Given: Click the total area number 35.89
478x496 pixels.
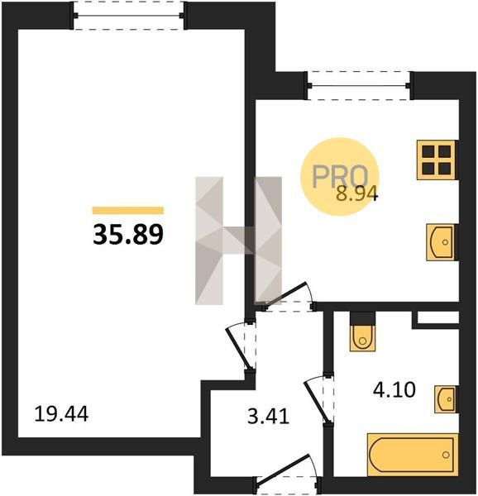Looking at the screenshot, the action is pos(128,235).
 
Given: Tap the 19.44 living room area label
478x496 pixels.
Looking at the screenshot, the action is pos(61,414).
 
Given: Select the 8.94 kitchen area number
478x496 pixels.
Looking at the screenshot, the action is pos(356,194).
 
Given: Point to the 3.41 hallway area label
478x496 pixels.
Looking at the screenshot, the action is pos(268,417).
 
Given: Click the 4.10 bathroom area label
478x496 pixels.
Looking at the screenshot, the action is pos(394,389).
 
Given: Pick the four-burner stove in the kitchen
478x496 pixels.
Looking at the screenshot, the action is pos(437,160).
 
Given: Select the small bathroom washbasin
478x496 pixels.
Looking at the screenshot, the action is pos(446,399).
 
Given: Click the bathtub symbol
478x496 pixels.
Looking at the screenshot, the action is pos(413,455).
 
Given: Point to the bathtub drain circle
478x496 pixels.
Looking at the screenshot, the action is pos(446,455).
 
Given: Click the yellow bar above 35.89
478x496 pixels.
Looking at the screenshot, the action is pos(128,210).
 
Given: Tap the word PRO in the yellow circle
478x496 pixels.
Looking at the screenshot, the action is pos(340,176).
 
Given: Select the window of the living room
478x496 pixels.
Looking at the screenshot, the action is pos(128,15).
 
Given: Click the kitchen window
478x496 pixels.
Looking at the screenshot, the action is pos(359,85).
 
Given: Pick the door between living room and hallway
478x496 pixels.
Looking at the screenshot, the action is pos(241,346).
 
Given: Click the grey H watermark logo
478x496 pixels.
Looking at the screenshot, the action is pos(238,241).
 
